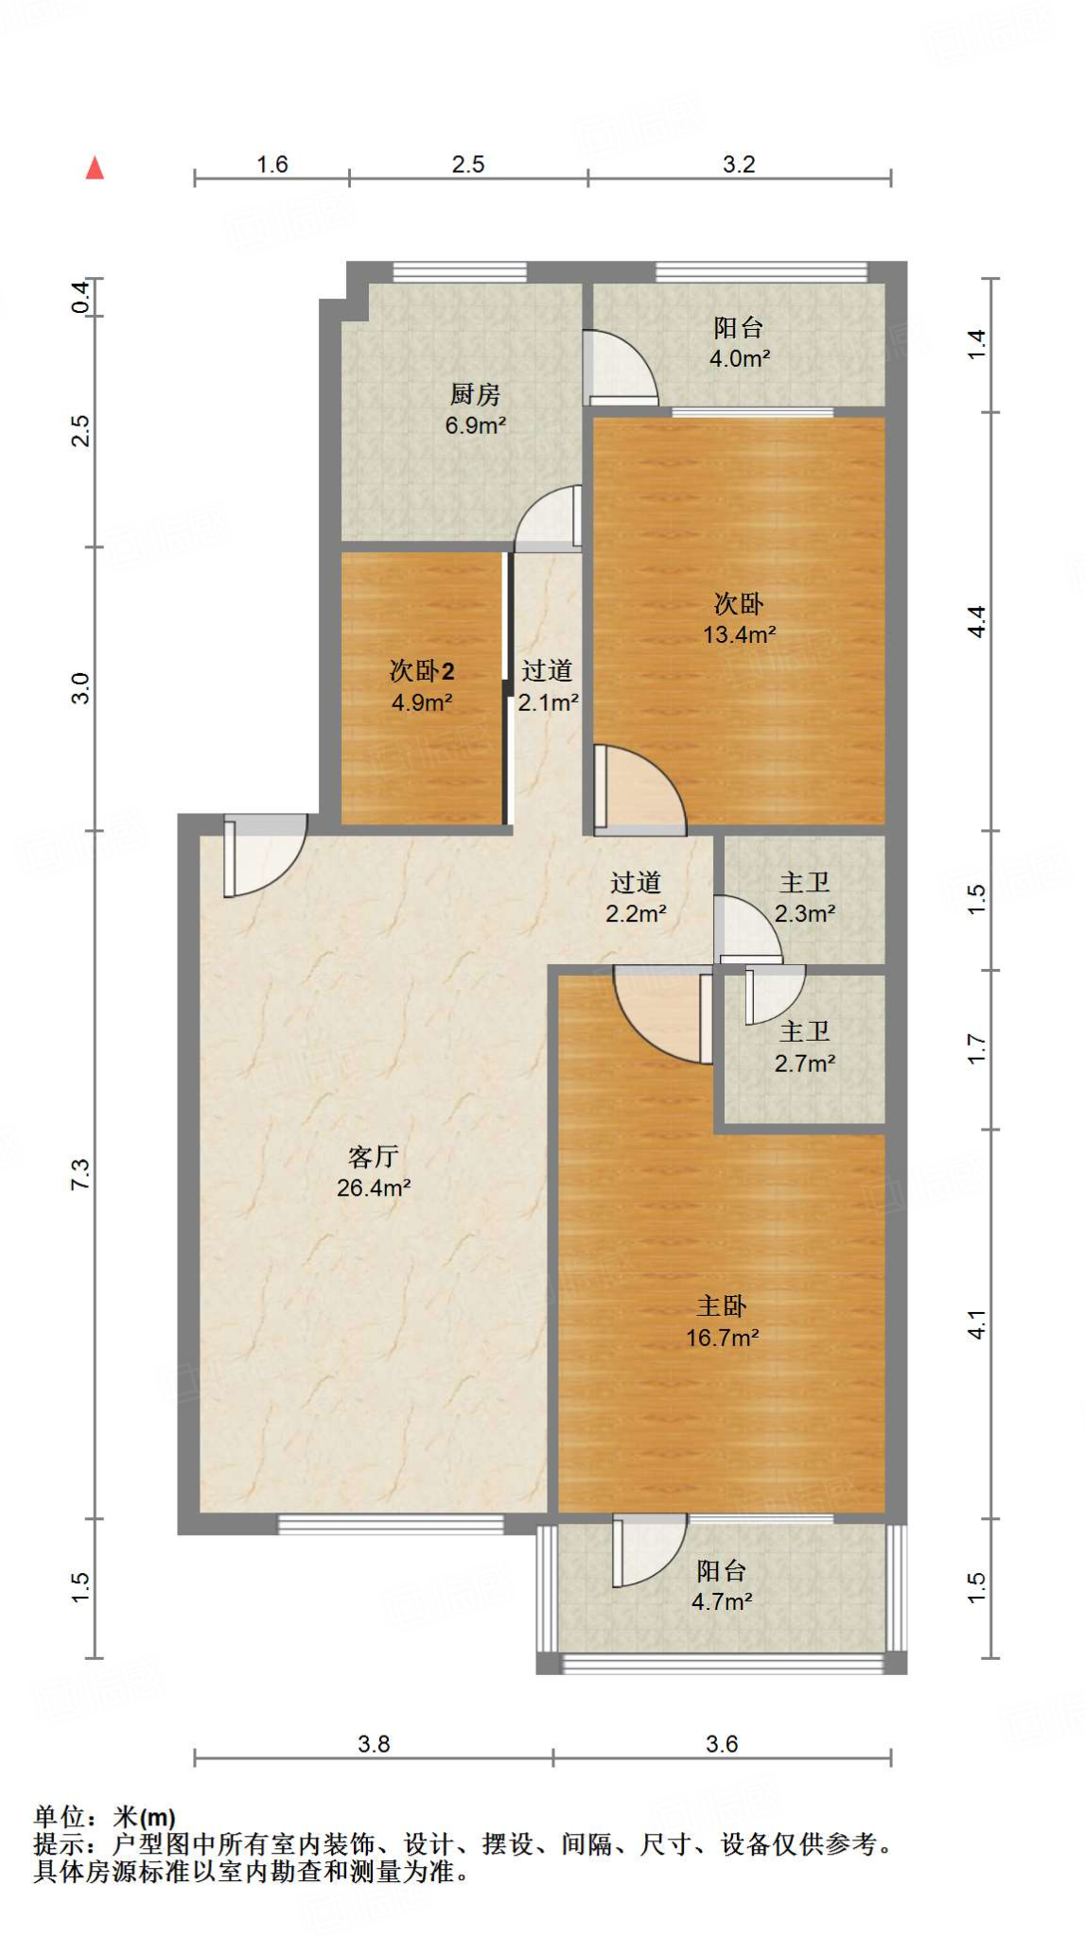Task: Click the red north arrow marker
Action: pos(95,168)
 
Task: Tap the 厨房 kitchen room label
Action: pos(475,393)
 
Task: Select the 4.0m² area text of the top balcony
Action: pos(740,359)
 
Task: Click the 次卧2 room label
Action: pos(422,671)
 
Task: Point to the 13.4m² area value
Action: pos(740,634)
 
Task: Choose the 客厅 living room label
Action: pos(374,1156)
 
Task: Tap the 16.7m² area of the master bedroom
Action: pos(723,1338)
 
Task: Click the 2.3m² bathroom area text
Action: pos(805,914)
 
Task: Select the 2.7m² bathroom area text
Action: pos(805,1063)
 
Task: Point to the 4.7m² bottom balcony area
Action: pos(722,1601)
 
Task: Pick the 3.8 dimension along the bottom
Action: pos(374,1744)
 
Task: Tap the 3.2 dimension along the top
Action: pos(739,164)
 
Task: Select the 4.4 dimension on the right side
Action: pos(976,621)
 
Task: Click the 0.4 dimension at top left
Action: pos(81,298)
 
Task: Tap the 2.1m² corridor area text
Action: pos(549,702)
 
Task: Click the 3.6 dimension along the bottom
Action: pos(722,1744)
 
